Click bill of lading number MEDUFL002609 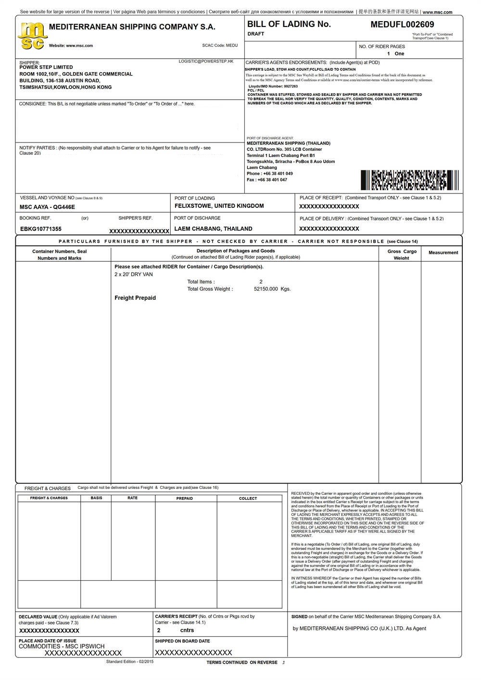[x=402, y=25]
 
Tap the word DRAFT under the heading [x=256, y=34]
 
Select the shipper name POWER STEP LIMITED [x=46, y=67]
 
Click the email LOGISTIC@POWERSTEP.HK [x=206, y=62]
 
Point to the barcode [x=410, y=180]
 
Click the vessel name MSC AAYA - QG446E [x=48, y=207]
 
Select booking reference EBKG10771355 [x=41, y=229]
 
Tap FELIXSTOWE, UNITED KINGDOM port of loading [x=219, y=206]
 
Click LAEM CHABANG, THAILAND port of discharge [x=213, y=229]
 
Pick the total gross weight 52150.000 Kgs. [x=272, y=289]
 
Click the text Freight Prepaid [x=135, y=298]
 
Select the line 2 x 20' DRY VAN [x=134, y=274]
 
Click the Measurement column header [x=443, y=253]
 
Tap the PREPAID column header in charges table [x=184, y=499]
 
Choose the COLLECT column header [x=248, y=499]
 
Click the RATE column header [x=132, y=498]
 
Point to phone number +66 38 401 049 [x=278, y=174]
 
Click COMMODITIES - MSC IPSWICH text [x=62, y=646]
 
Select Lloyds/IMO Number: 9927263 [x=273, y=87]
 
